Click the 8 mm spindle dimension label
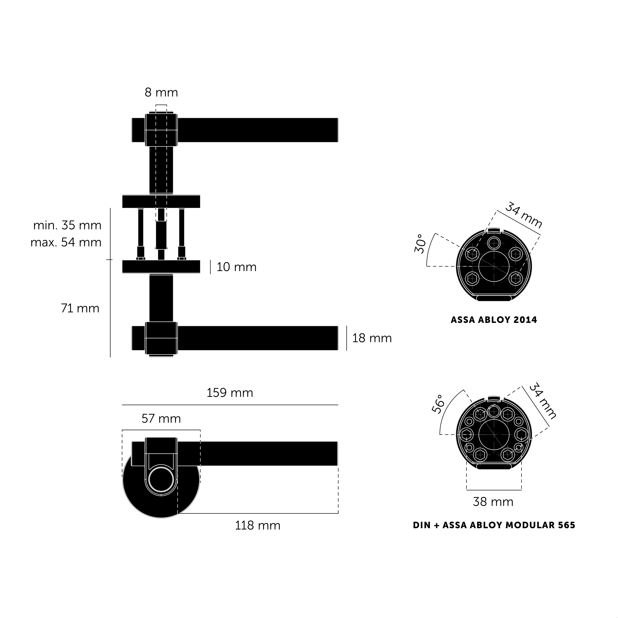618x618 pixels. pyautogui.click(x=161, y=93)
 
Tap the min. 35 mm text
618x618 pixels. pyautogui.click(x=67, y=226)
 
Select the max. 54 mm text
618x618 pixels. pyautogui.click(x=66, y=242)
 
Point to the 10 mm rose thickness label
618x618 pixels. pyautogui.click(x=236, y=267)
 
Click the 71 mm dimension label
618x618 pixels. pyautogui.click(x=80, y=308)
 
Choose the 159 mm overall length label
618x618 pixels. pyautogui.click(x=230, y=393)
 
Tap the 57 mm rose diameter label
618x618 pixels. pyautogui.click(x=161, y=419)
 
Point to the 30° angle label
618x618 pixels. pyautogui.click(x=421, y=244)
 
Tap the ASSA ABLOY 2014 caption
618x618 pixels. pyautogui.click(x=494, y=320)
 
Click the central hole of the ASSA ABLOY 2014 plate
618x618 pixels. pyautogui.click(x=494, y=266)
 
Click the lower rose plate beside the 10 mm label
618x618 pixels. pyautogui.click(x=161, y=267)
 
